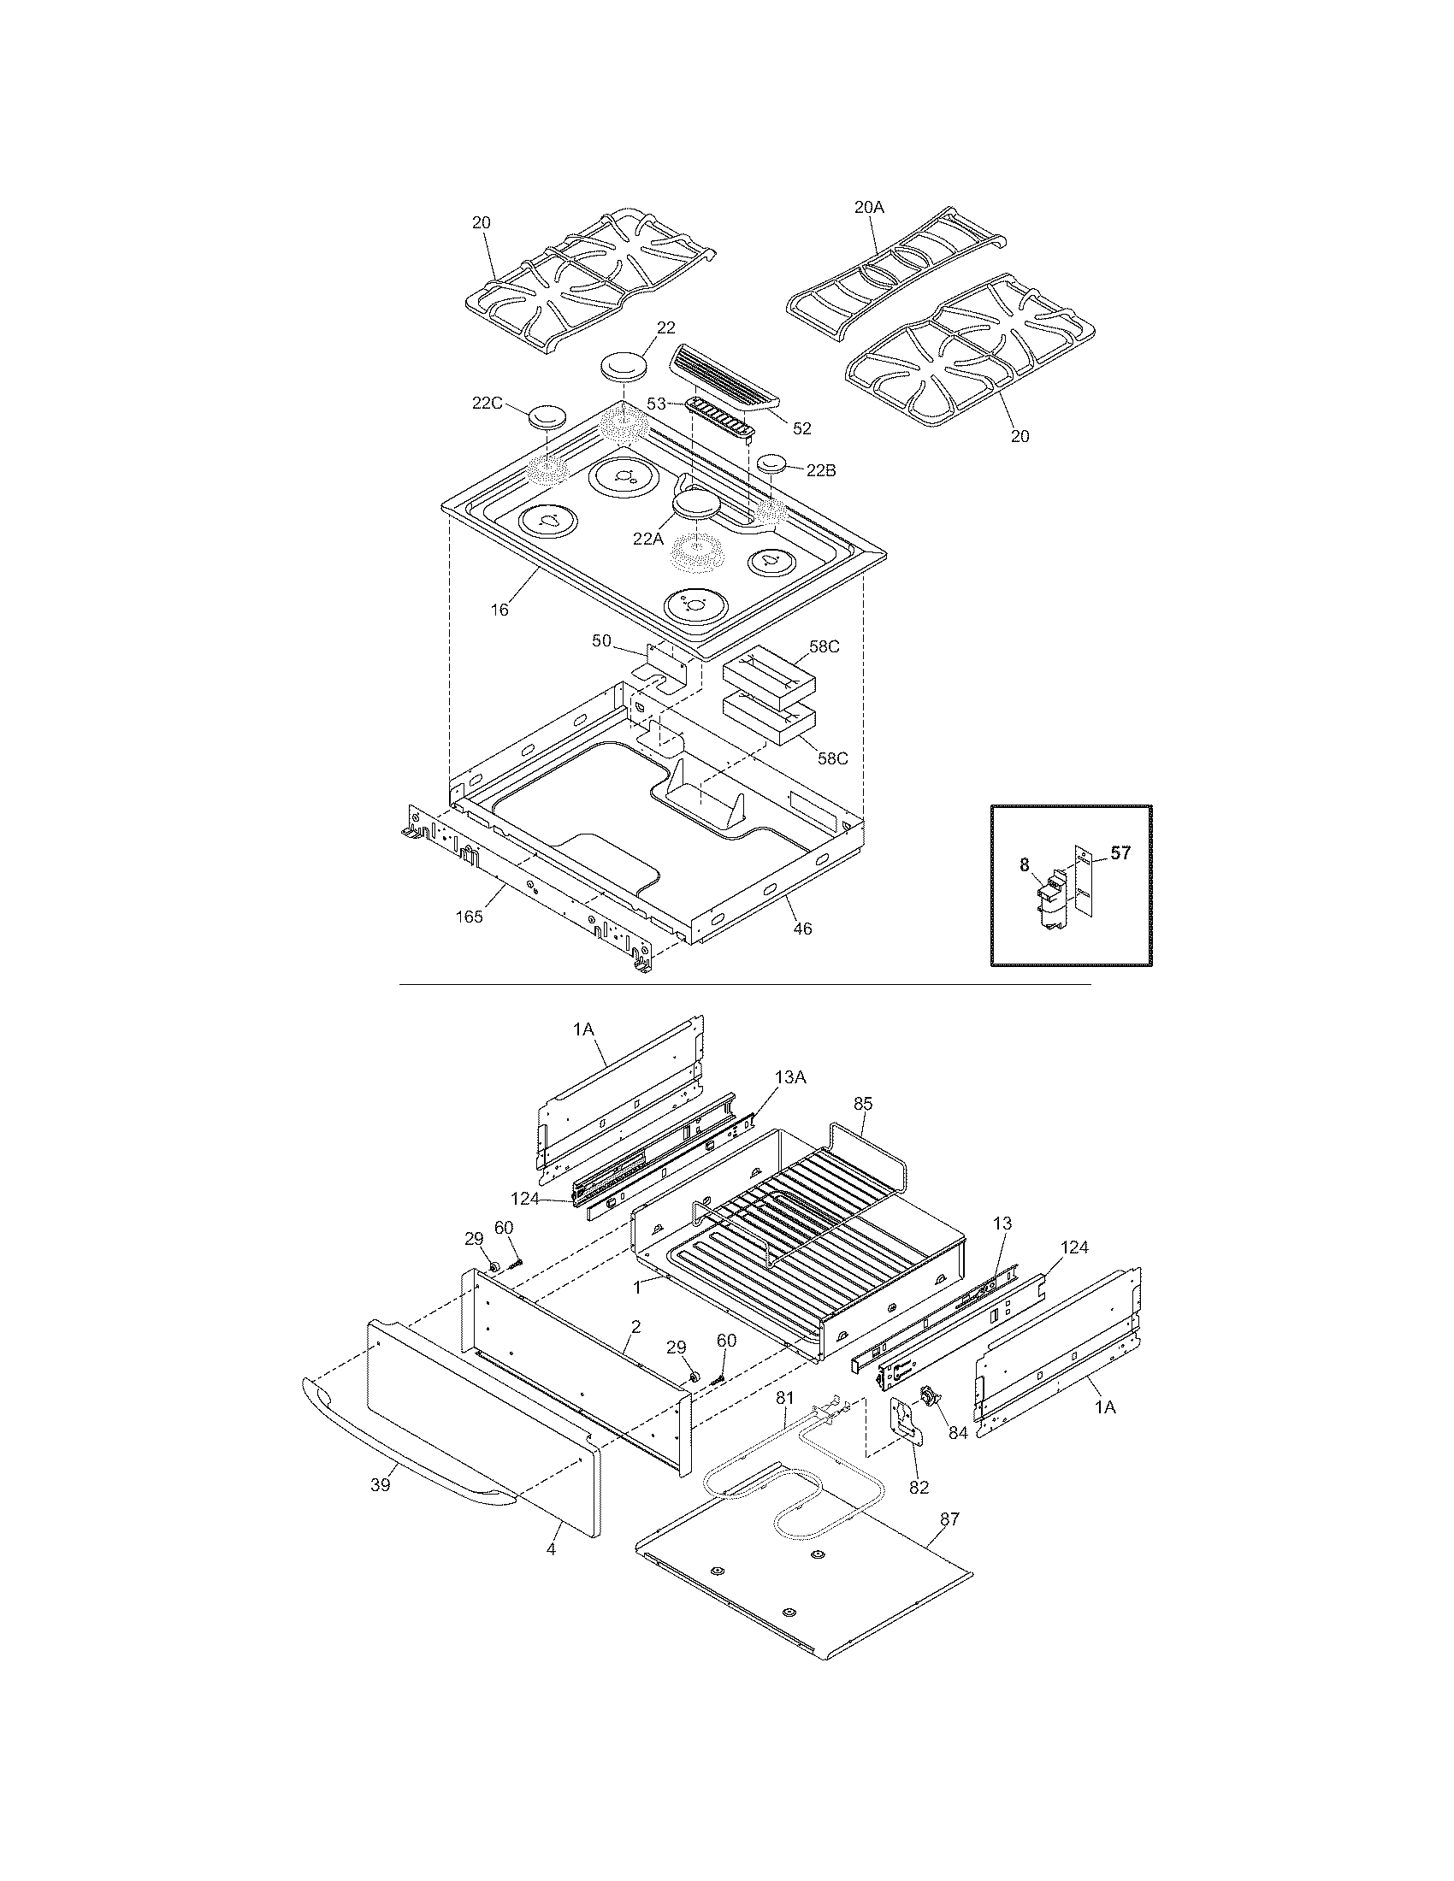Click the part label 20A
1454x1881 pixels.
[x=869, y=208]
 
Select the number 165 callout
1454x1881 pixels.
[x=470, y=917]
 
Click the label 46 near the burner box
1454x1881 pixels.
[x=802, y=929]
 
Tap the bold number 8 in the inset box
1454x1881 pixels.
[x=1024, y=864]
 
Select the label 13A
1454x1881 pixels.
[x=790, y=1077]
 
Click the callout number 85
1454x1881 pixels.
[x=863, y=1101]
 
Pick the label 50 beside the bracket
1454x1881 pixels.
[x=602, y=640]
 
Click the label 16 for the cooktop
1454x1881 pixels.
[x=499, y=610]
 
